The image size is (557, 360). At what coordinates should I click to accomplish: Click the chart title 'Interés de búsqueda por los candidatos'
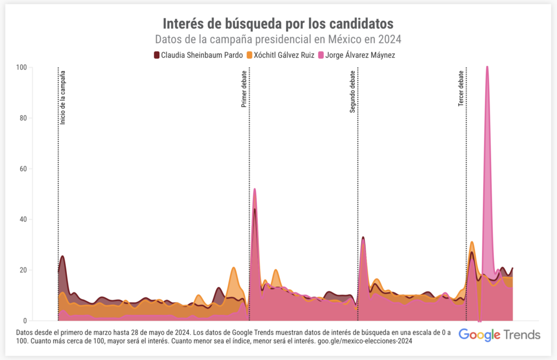pos(278,23)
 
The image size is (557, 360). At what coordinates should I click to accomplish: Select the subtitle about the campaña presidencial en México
pos(278,40)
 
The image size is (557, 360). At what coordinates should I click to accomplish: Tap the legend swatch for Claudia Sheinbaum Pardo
pos(157,55)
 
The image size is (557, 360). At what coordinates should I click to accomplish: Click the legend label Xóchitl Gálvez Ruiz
pos(284,55)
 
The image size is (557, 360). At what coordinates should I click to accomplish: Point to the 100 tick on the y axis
pos(22,67)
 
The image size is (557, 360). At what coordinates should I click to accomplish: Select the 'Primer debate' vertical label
pos(244,89)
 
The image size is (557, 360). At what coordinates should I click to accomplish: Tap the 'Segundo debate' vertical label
pos(352,91)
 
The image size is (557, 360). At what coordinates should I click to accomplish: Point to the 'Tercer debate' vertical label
pos(461,88)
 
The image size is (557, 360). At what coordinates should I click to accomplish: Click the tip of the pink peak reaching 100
pos(487,67)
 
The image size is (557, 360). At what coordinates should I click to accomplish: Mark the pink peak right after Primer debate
pos(255,189)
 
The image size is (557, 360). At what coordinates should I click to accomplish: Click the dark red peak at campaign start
pos(63,256)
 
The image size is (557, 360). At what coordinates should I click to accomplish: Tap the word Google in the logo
pos(479,334)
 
